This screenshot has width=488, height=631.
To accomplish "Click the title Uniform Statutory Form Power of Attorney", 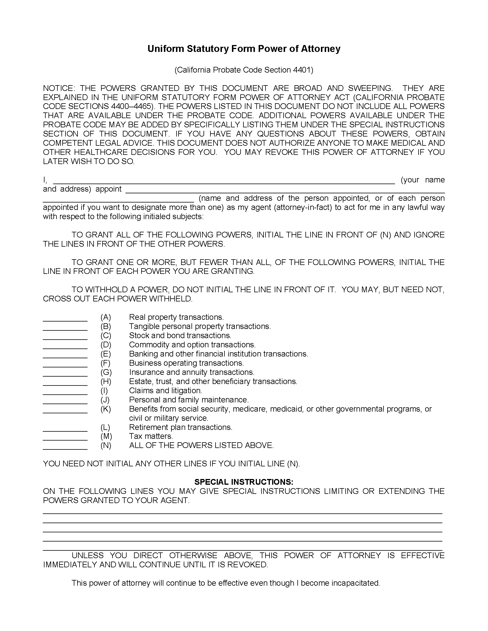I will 244,49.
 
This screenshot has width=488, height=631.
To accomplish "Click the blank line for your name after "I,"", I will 224,182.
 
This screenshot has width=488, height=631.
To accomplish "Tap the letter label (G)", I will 106,372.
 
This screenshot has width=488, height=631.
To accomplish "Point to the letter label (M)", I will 106,436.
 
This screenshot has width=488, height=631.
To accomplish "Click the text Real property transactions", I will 176,317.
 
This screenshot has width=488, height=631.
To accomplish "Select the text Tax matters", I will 151,436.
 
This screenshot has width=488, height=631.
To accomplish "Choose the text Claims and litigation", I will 165,391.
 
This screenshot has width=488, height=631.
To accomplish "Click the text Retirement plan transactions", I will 181,427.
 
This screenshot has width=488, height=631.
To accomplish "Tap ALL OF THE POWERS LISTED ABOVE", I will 201,445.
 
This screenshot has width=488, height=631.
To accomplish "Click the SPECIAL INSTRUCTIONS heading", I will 244,482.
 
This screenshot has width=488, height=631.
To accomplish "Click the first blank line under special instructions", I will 242,512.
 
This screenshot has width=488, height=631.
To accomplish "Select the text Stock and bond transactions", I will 180,336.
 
